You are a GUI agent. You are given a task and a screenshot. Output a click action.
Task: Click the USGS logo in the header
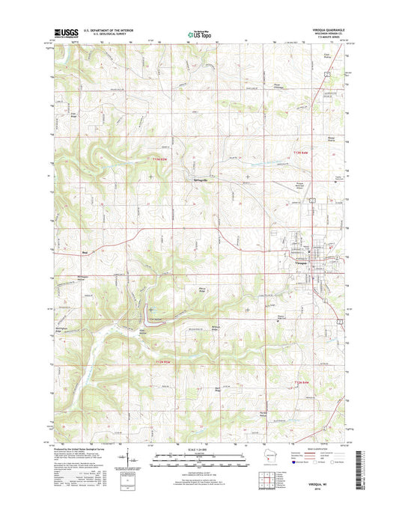[64, 33]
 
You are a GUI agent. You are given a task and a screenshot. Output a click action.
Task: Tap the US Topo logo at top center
[198, 33]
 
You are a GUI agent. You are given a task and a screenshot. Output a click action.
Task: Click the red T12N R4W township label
[299, 384]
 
